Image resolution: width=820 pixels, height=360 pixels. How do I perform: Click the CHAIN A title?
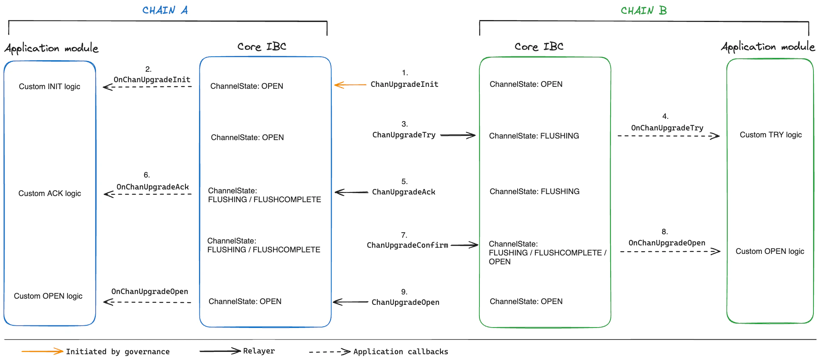[165, 10]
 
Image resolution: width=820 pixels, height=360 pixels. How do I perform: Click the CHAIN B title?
[643, 11]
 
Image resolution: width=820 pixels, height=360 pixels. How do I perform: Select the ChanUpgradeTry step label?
[403, 135]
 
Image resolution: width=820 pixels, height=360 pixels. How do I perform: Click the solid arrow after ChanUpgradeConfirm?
[464, 245]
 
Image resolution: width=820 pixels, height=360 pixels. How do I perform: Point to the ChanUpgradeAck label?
[403, 192]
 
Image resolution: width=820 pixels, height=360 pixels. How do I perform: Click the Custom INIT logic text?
[49, 86]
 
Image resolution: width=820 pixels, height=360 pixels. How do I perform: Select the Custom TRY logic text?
[770, 135]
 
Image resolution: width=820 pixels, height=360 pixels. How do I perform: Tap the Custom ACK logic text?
[49, 193]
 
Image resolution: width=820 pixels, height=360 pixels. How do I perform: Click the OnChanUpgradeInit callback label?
[152, 79]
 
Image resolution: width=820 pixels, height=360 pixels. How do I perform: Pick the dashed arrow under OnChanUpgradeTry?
[668, 136]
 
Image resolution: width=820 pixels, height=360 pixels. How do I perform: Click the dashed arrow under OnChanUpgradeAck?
[148, 194]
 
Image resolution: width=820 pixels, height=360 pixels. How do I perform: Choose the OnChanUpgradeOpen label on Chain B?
[666, 243]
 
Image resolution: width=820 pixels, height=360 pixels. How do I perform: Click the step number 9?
[404, 292]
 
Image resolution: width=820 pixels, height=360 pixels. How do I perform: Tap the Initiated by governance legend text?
[118, 352]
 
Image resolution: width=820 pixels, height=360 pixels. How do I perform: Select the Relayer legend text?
[259, 351]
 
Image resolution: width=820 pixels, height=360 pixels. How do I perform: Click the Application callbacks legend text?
[400, 352]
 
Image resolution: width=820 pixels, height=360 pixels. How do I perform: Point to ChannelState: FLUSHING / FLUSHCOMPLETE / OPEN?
[547, 253]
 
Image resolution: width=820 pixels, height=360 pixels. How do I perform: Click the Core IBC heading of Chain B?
[539, 47]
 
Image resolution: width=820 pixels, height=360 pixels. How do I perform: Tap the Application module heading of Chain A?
[51, 48]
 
